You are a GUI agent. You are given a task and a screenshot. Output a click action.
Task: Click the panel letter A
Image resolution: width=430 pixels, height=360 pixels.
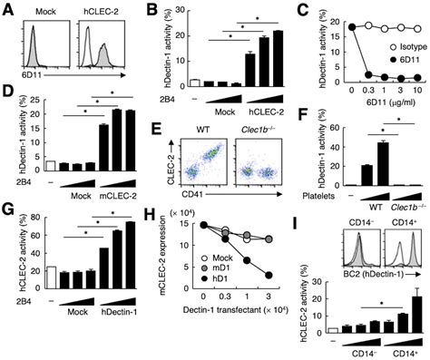point(9,8)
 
